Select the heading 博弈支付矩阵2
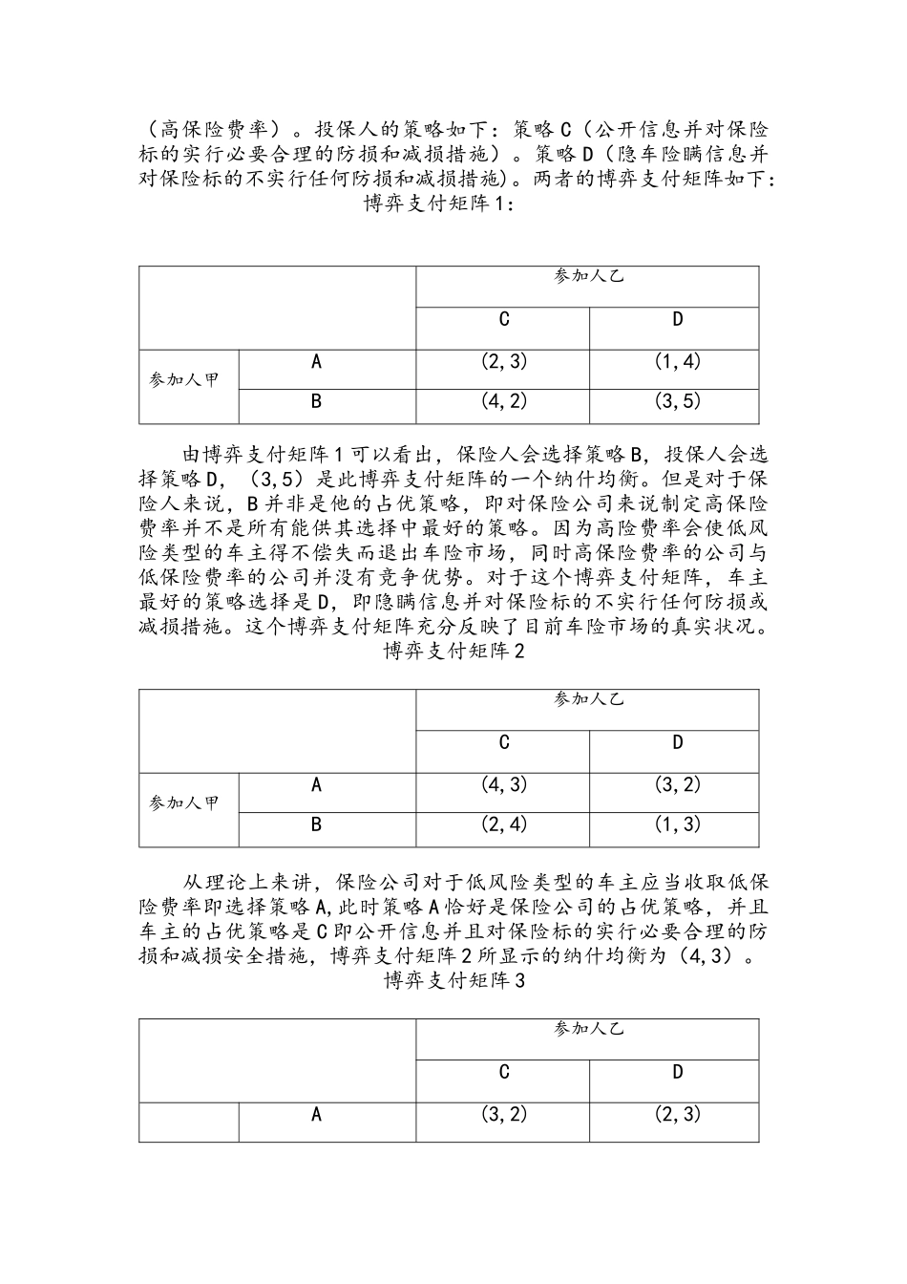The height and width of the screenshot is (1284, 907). tap(453, 652)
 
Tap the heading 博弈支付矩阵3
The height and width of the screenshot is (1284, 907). tap(453, 981)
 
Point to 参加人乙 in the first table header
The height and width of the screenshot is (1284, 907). tap(588, 276)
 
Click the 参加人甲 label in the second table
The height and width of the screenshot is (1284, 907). tap(184, 802)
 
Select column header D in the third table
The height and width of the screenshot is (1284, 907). tap(678, 1072)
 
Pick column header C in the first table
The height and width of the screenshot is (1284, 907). tap(504, 319)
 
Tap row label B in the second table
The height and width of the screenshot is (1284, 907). tap(316, 824)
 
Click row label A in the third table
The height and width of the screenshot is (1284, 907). tap(316, 1114)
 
